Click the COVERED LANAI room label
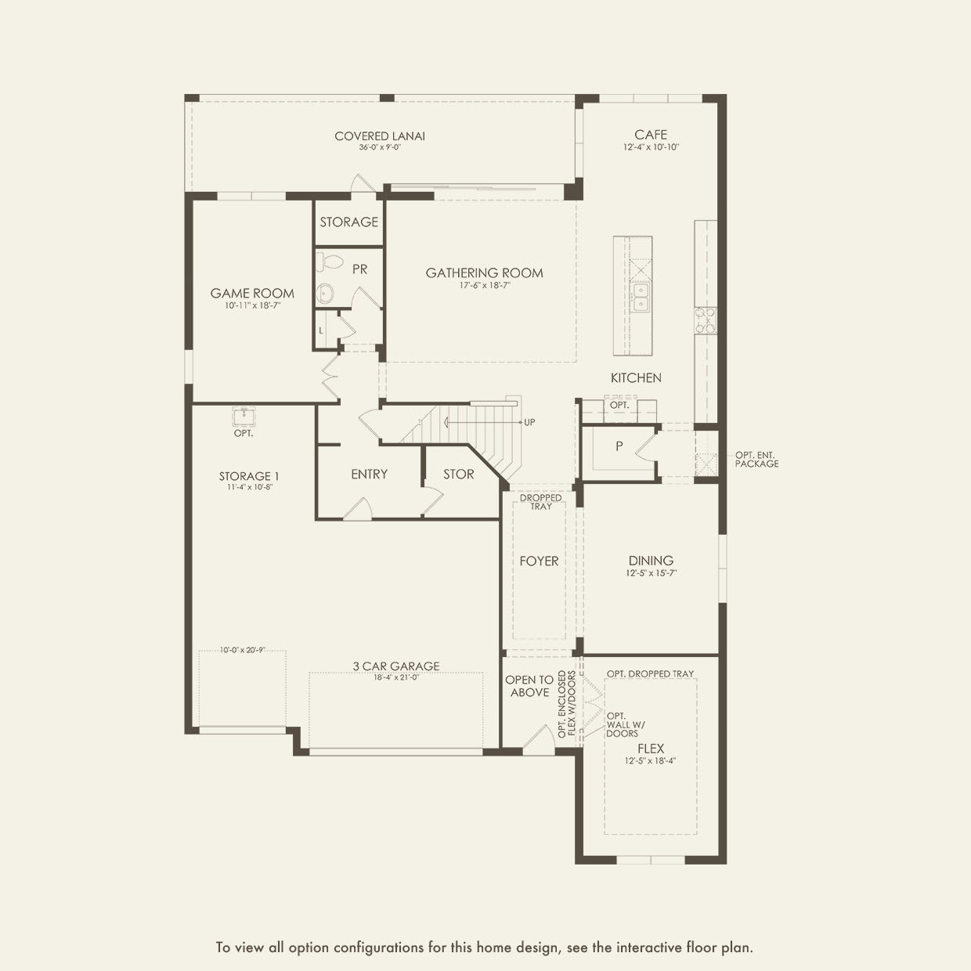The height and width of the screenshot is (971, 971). [380, 136]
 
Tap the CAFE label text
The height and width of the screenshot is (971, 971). [651, 135]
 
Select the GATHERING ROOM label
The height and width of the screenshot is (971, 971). [484, 273]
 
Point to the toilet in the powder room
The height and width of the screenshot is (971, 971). [329, 262]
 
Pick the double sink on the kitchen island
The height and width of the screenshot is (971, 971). [641, 298]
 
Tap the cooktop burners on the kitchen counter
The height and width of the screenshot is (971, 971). [706, 321]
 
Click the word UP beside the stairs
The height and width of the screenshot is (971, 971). [529, 422]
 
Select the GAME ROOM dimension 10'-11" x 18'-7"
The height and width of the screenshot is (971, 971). [252, 305]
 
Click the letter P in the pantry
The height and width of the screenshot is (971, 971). [619, 446]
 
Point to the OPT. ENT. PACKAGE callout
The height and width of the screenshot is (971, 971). [756, 460]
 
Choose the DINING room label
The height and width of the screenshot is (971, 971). [651, 561]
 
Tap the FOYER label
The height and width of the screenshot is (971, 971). [539, 561]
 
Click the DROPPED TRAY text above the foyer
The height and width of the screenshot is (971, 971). [540, 502]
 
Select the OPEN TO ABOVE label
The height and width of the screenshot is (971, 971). [529, 686]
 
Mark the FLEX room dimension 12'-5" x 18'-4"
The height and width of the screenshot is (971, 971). [650, 761]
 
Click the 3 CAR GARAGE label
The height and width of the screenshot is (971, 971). [396, 666]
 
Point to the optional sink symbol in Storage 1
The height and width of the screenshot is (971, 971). [244, 417]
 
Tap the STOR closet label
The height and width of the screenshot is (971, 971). [459, 475]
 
